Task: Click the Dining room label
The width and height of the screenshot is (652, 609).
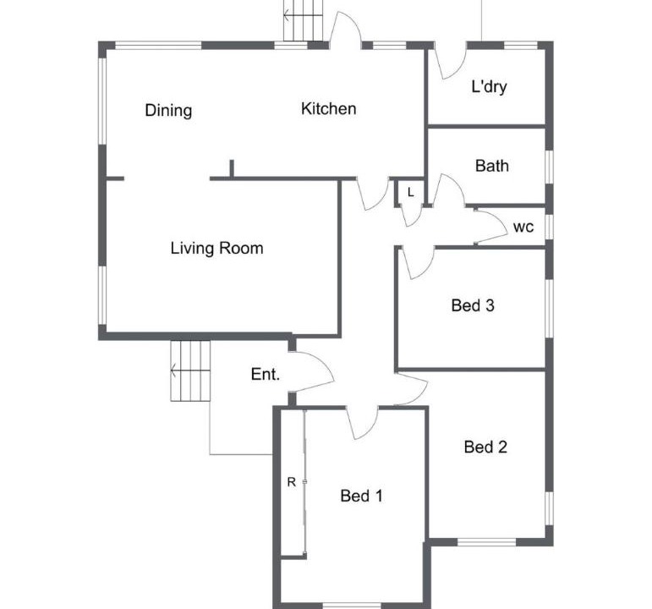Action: point(168,111)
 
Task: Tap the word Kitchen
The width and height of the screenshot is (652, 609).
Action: point(328,108)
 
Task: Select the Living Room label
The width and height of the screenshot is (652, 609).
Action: point(216,249)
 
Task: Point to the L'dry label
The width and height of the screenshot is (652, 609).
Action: point(489,86)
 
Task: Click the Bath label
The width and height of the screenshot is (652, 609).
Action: point(492,166)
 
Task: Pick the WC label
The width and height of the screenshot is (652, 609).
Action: point(523,228)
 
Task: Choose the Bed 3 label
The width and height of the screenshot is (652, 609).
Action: point(473,305)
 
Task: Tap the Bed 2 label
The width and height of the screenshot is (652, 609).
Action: point(485,447)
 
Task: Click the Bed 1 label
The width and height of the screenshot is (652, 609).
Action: point(361,496)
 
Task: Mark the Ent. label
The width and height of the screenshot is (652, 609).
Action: point(266,375)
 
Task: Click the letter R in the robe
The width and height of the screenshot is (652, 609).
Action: point(292,482)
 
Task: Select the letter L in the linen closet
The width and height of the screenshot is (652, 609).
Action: point(411,193)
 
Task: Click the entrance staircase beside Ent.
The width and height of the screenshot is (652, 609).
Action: point(190,371)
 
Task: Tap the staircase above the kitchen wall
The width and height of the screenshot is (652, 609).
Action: point(304,20)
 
